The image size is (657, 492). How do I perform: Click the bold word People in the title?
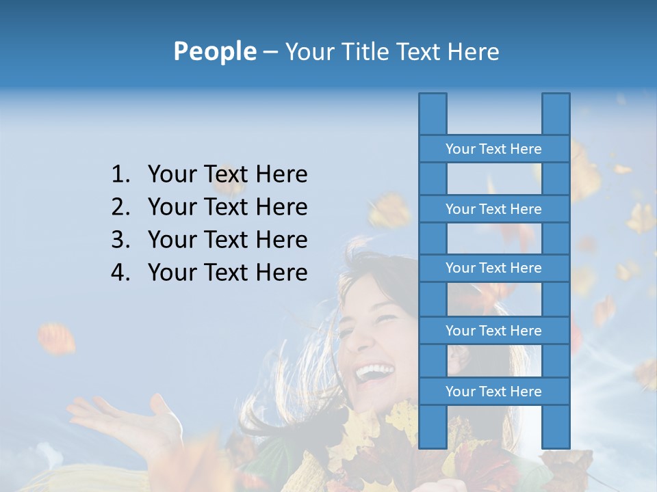click(x=214, y=51)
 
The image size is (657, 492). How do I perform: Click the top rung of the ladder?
click(x=493, y=149)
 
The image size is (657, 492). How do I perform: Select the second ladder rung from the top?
click(x=493, y=209)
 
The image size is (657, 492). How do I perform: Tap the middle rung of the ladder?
click(x=493, y=268)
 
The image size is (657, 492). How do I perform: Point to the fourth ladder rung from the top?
click(x=493, y=331)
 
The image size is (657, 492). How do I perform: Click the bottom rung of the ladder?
click(x=493, y=392)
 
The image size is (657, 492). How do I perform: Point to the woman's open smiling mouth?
click(x=375, y=372)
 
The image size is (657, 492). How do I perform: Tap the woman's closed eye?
click(x=383, y=320)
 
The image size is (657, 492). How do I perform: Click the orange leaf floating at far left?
click(x=57, y=338)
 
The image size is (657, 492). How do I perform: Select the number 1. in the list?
click(x=120, y=175)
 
